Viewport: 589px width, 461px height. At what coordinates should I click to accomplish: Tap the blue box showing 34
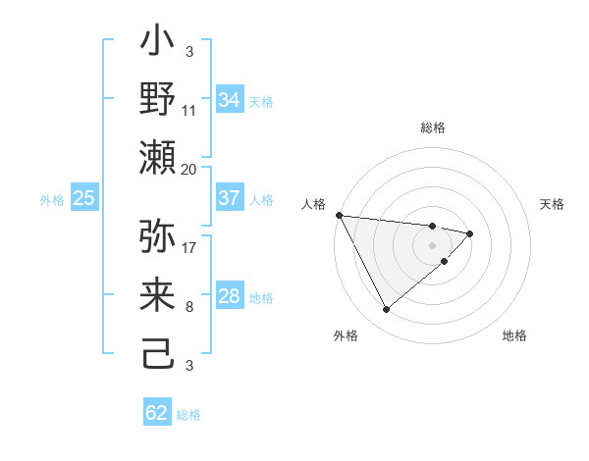click(229, 99)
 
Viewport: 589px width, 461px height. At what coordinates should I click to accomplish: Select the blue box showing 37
click(229, 198)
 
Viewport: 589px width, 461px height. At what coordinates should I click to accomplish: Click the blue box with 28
click(229, 296)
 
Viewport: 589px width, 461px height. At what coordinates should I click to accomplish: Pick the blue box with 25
click(83, 198)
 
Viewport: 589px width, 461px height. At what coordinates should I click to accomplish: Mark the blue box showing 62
click(157, 413)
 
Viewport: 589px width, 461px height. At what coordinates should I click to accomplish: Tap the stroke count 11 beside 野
click(188, 110)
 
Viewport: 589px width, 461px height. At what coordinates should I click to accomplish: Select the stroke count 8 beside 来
click(188, 307)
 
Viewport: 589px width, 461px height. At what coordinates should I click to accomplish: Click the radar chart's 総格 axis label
click(433, 128)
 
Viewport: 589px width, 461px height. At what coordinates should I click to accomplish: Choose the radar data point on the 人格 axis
click(339, 215)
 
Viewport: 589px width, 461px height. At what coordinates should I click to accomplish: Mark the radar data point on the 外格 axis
click(386, 310)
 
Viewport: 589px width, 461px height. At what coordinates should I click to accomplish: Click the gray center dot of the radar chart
click(432, 243)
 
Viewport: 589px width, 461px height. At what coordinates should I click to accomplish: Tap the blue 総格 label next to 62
click(188, 415)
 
